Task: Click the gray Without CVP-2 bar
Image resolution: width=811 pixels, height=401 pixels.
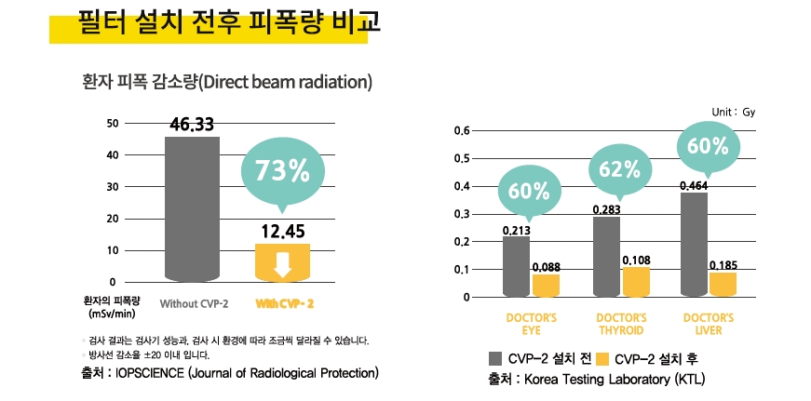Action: [193, 208]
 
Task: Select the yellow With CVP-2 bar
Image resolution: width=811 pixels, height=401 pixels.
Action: [282, 261]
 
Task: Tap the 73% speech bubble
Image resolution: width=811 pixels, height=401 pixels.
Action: [282, 171]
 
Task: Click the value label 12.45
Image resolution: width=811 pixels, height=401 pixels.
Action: [282, 232]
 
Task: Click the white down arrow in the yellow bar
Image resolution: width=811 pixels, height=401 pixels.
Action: [282, 266]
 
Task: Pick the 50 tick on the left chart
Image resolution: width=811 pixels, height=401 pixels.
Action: [113, 123]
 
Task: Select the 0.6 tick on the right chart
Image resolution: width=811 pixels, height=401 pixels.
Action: [462, 131]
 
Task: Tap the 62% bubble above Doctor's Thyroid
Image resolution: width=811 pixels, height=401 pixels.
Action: [619, 169]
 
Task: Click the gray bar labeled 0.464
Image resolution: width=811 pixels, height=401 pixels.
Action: [694, 244]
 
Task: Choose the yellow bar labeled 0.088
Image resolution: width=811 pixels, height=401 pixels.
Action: [546, 285]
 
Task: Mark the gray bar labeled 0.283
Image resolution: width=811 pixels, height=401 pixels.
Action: [606, 256]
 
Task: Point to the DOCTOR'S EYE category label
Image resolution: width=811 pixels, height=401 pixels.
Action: [532, 324]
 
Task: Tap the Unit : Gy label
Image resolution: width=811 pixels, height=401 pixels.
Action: [733, 112]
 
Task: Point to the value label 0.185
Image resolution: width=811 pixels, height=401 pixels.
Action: [723, 265]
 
